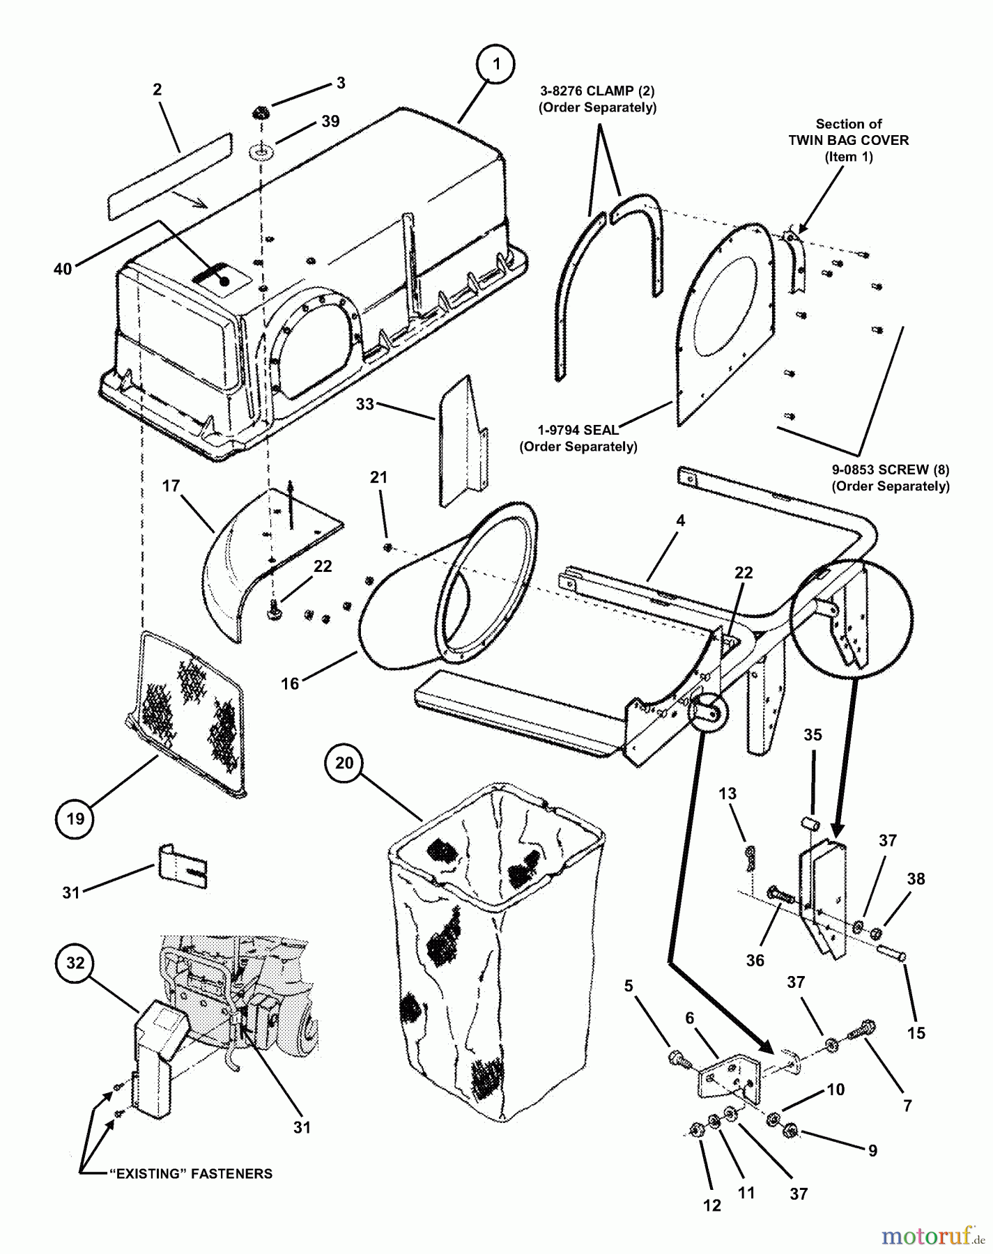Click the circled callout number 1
tap(496, 65)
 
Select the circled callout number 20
tap(344, 763)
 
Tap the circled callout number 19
tap(75, 819)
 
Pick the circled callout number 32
tap(75, 963)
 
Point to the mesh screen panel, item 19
tap(192, 711)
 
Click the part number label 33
tap(364, 404)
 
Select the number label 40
tap(63, 268)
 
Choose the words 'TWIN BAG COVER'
tap(848, 140)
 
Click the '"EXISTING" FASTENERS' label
tap(191, 1174)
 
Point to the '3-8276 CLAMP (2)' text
tap(597, 91)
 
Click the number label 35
tap(813, 735)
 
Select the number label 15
tap(916, 1032)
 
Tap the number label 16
tap(290, 683)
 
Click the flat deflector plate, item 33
tap(462, 439)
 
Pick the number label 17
tap(171, 486)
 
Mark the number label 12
tap(712, 1205)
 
